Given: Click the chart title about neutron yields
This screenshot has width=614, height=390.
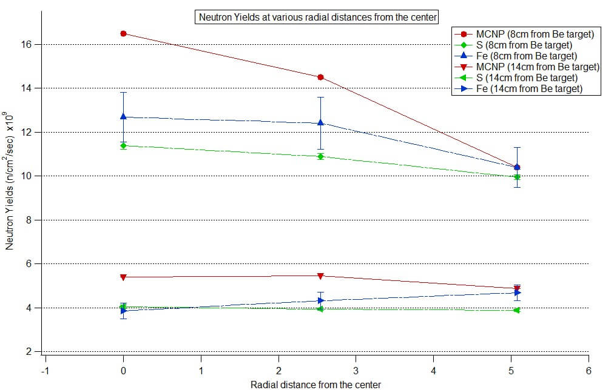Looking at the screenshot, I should [x=318, y=17].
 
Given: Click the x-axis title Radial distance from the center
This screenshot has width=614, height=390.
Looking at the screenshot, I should [x=316, y=385].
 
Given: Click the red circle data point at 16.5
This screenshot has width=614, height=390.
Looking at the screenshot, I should [x=123, y=34].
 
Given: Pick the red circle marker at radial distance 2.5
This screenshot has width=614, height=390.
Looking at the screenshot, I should [x=320, y=78].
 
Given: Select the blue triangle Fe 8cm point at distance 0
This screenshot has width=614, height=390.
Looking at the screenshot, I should [x=123, y=116].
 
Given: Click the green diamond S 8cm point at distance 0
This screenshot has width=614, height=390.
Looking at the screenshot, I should [x=123, y=145].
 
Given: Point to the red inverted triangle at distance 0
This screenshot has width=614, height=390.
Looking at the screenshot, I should [x=123, y=277].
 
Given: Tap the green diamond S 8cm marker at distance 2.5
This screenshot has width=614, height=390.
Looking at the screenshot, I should [x=320, y=156].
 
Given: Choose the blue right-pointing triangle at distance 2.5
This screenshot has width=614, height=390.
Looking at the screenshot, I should [x=320, y=300].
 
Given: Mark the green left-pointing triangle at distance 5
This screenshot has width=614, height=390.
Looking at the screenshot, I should [x=517, y=310].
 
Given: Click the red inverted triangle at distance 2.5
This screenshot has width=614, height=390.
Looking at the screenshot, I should [x=320, y=276].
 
